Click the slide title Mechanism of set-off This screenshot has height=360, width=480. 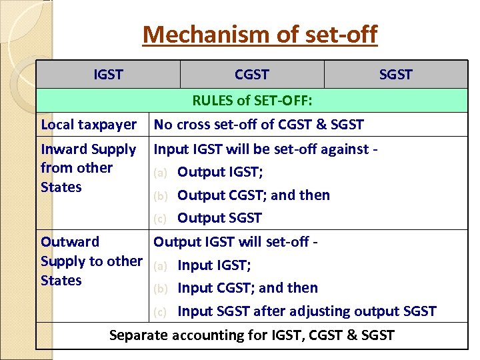[259, 34]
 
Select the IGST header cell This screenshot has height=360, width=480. [108, 75]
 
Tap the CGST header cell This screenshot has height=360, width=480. [252, 75]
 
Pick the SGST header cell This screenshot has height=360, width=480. [395, 75]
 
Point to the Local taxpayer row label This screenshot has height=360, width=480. [89, 125]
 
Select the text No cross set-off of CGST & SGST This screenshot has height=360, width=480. [259, 125]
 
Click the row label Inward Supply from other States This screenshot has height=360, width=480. [88, 168]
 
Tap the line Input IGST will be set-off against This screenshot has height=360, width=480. [266, 149]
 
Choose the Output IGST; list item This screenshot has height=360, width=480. [219, 173]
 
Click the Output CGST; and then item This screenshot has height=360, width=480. [253, 195]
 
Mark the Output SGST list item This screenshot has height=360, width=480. [219, 218]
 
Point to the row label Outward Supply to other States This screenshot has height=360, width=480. [91, 261]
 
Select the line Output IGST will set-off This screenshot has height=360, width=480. [235, 242]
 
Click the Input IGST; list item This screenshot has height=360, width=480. [214, 265]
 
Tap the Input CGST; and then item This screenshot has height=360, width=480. [247, 288]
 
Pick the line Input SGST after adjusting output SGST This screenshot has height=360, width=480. [307, 311]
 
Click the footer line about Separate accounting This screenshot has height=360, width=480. [251, 335]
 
